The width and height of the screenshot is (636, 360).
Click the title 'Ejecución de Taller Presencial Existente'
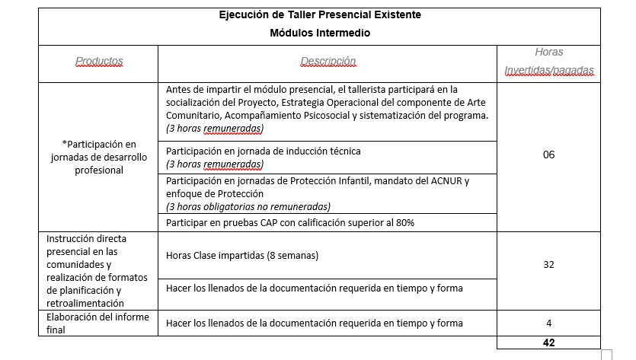(x=320, y=15)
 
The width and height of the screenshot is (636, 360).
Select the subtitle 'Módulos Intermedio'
(x=320, y=33)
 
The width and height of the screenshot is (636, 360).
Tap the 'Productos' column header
(x=99, y=61)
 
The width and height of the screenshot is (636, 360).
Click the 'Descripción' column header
(x=328, y=61)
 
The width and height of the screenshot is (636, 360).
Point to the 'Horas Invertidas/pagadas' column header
(x=548, y=61)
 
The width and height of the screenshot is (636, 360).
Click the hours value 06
(x=548, y=155)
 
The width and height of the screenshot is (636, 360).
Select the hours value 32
(x=548, y=264)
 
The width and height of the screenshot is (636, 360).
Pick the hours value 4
(x=548, y=323)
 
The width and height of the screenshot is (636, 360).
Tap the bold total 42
(x=548, y=342)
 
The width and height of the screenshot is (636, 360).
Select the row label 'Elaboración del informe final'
(x=97, y=323)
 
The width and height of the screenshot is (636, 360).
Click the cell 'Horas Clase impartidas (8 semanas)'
(x=242, y=255)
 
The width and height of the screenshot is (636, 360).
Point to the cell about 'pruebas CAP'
(x=289, y=222)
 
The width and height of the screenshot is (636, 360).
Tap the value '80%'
(x=404, y=222)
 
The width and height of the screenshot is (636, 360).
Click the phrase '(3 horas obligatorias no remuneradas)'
(x=248, y=206)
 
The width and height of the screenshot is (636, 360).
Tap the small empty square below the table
(x=607, y=354)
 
